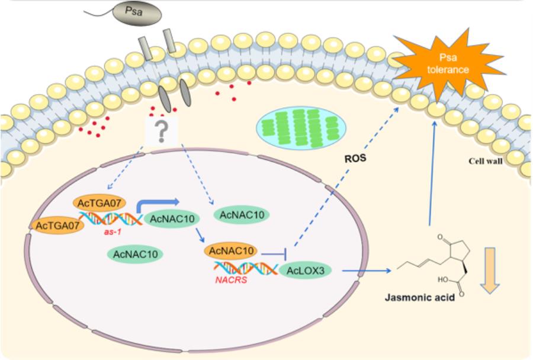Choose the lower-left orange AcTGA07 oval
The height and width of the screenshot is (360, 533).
[58, 226]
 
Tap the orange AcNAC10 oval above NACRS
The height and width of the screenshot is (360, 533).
[231, 252]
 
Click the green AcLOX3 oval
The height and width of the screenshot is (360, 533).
[306, 271]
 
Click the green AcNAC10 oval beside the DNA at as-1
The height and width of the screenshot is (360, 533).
[170, 220]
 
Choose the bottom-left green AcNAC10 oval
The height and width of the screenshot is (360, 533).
[134, 255]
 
